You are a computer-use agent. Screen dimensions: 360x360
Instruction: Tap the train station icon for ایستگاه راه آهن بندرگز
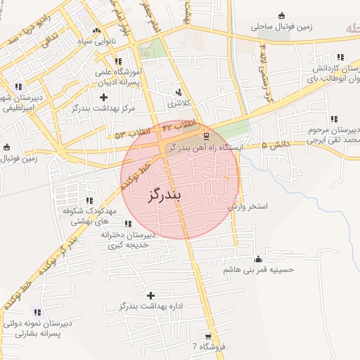tap(205, 136)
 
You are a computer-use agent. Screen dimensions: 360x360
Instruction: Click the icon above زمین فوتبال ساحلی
tap(282, 15)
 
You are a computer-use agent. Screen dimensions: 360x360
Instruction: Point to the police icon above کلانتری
tap(179, 91)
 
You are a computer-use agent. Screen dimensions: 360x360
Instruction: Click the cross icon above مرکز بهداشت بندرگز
tap(104, 96)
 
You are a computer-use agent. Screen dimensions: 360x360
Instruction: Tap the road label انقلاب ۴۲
tap(179, 125)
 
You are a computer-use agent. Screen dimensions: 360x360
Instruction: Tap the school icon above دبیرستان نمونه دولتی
tap(37, 312)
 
